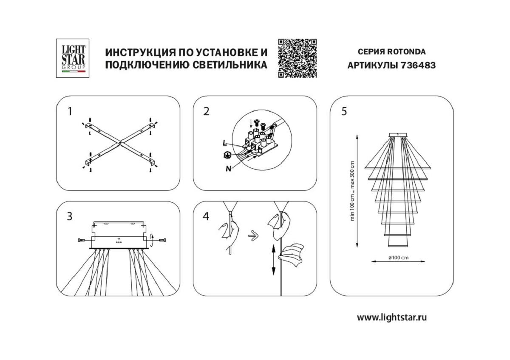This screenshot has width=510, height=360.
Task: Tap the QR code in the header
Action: coord(297,58)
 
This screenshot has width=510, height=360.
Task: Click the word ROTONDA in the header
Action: coord(405,52)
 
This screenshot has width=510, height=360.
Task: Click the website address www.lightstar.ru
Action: coord(391,317)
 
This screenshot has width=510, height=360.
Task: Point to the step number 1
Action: coord(70,111)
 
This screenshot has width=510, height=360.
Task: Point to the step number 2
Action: coord(207,111)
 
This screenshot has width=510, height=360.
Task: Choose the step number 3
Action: coord(70,216)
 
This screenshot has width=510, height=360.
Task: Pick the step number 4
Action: coord(207,216)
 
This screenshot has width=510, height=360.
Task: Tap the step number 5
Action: coord(344,111)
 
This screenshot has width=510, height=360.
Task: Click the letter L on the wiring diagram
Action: coord(224,143)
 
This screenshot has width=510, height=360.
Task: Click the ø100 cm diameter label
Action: coord(398,258)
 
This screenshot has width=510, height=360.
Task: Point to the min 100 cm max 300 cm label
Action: coord(351,190)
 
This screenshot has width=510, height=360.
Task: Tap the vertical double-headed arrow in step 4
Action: coord(273,260)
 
